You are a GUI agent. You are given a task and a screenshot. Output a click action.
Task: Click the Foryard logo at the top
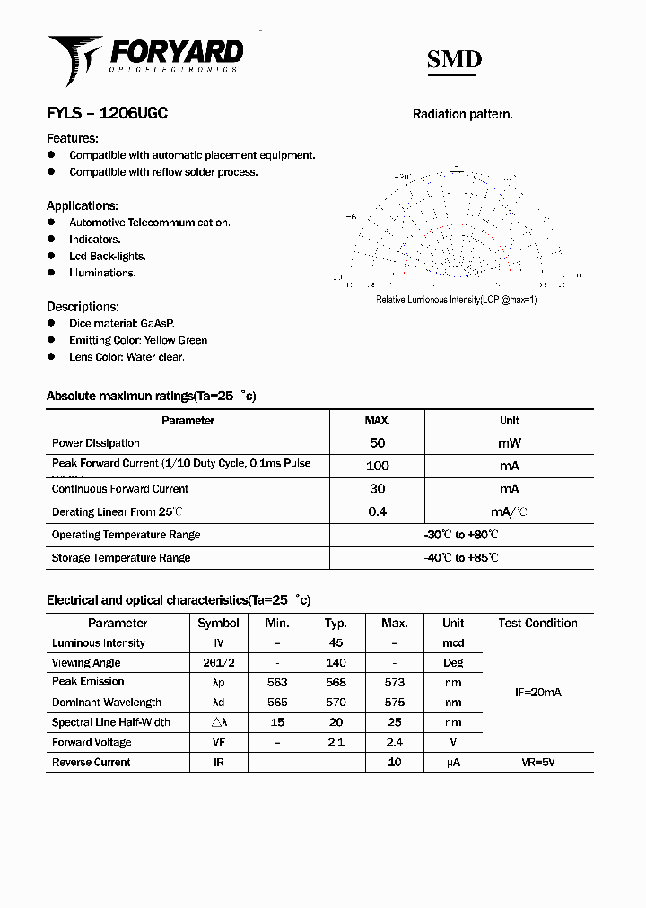[x=144, y=57]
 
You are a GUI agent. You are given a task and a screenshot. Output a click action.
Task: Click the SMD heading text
[x=453, y=59]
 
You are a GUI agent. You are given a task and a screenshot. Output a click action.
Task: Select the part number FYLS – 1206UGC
[x=107, y=113]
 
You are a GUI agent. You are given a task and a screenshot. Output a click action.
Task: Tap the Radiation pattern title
[x=462, y=114]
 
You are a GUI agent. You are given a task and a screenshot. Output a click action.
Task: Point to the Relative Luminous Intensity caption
[x=456, y=300]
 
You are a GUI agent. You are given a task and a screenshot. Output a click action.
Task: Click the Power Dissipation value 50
[x=377, y=443]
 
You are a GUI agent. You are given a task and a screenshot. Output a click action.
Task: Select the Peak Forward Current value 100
[x=378, y=466]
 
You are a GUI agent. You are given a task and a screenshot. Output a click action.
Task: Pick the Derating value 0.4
[x=378, y=511]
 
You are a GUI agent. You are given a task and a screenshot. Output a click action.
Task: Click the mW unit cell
[x=509, y=443]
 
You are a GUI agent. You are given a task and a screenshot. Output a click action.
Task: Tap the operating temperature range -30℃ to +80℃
[x=461, y=535]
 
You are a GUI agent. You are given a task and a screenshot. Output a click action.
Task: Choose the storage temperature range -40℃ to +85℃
[x=461, y=558]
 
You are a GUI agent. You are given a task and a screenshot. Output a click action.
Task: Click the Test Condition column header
[x=537, y=623]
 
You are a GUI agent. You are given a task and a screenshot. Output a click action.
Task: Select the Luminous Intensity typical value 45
[x=336, y=643]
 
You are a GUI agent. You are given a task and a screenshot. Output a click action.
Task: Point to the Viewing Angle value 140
[x=336, y=663]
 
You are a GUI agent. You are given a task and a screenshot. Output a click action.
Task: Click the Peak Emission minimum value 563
[x=277, y=682]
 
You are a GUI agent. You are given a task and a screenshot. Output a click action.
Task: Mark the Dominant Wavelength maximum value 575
[x=394, y=703]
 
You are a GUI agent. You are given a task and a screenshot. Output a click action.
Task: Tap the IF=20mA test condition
[x=537, y=693]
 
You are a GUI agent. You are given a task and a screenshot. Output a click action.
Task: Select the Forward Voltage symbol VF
[x=218, y=742]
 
